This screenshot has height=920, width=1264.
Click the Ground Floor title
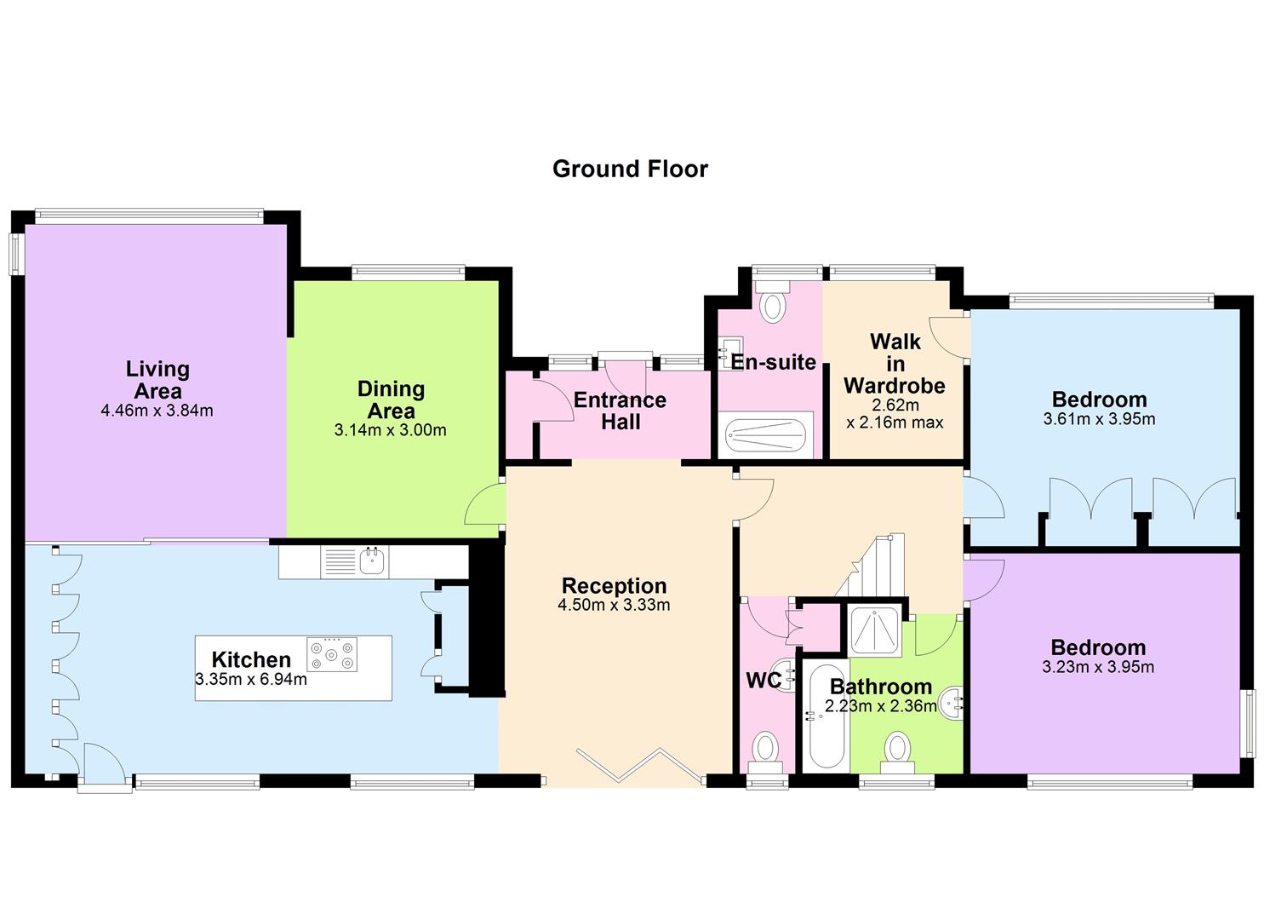click(630, 169)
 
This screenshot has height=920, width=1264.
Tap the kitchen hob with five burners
click(332, 654)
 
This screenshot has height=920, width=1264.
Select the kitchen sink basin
click(371, 561)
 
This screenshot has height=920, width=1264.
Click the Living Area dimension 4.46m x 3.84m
click(157, 410)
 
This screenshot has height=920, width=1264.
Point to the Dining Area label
click(391, 400)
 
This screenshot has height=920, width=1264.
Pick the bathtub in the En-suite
click(766, 434)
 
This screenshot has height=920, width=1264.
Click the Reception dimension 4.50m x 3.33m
click(614, 605)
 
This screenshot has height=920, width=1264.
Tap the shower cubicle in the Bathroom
click(875, 630)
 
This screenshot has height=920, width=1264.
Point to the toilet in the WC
click(765, 754)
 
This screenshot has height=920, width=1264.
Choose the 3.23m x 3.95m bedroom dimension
click(1098, 667)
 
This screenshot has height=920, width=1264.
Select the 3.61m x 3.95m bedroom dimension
click(1099, 419)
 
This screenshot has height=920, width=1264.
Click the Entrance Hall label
click(621, 411)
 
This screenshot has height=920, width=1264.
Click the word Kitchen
click(251, 659)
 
